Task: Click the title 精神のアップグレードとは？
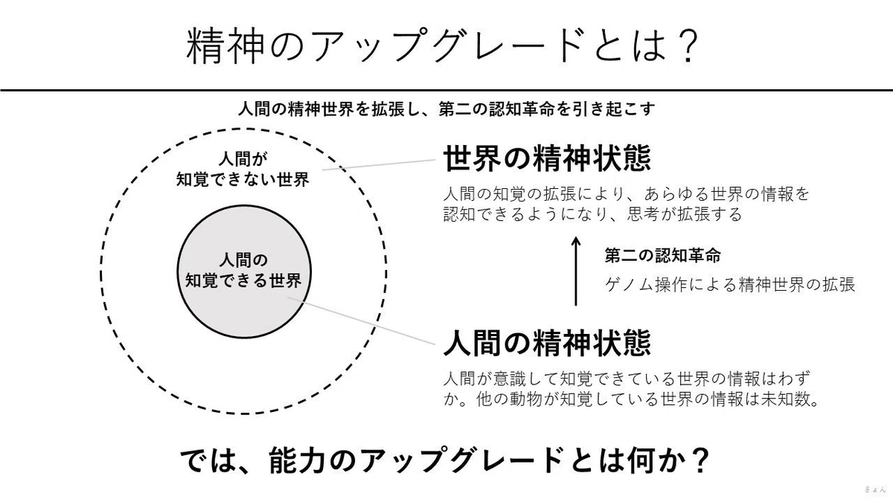(x=442, y=45)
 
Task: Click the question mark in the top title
(x=686, y=45)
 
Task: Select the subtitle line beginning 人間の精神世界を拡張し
(x=446, y=109)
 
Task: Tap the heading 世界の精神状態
(x=547, y=158)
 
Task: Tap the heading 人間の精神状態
(x=547, y=342)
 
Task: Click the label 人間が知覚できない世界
(x=243, y=170)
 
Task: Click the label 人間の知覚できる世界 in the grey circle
(x=243, y=271)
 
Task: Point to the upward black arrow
(x=575, y=271)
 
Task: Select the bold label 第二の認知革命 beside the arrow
(x=662, y=255)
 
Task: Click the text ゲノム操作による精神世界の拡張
(x=729, y=284)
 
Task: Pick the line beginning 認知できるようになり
(x=592, y=214)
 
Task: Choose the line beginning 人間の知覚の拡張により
(x=626, y=194)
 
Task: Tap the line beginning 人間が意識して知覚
(x=627, y=379)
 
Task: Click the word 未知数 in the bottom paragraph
(x=784, y=399)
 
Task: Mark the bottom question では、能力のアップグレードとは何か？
(x=444, y=460)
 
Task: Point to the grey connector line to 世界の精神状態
(x=379, y=164)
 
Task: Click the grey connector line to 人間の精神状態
(x=361, y=321)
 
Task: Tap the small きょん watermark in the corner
(x=874, y=489)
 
